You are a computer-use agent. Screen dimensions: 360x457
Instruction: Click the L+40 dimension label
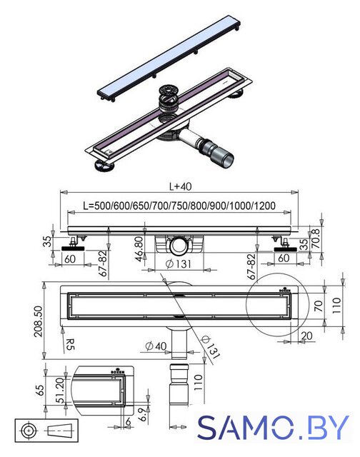pyautogui.click(x=181, y=186)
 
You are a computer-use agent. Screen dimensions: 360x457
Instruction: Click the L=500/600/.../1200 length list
pyautogui.click(x=179, y=206)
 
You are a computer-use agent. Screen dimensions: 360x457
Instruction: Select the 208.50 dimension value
pyautogui.click(x=39, y=321)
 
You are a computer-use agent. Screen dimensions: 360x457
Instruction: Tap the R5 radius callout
pyautogui.click(x=70, y=344)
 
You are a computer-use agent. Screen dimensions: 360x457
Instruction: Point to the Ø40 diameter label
pyautogui.click(x=156, y=346)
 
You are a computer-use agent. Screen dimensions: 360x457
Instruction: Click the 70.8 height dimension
pyautogui.click(x=316, y=238)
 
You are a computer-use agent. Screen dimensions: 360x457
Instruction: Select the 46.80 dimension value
pyautogui.click(x=139, y=248)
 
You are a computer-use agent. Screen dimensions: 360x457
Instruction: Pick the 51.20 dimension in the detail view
pyautogui.click(x=60, y=390)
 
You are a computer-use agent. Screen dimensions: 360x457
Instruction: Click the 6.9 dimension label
pyautogui.click(x=141, y=414)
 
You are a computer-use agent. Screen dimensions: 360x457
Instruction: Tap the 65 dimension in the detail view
pyautogui.click(x=40, y=391)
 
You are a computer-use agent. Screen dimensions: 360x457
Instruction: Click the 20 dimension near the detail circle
pyautogui.click(x=306, y=336)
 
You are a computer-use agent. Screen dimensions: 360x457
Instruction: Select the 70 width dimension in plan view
pyautogui.click(x=319, y=306)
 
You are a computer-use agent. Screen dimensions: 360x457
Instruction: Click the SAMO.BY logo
pyautogui.click(x=273, y=427)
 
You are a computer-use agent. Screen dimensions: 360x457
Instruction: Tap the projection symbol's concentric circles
pyautogui.click(x=29, y=430)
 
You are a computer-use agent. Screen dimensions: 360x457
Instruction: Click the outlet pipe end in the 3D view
pyautogui.click(x=226, y=161)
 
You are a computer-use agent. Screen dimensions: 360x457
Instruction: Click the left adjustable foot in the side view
pyautogui.click(x=73, y=246)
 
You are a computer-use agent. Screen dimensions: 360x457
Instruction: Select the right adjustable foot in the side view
pyautogui.click(x=286, y=246)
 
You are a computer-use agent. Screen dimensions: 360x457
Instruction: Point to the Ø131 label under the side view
pyautogui.click(x=178, y=263)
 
